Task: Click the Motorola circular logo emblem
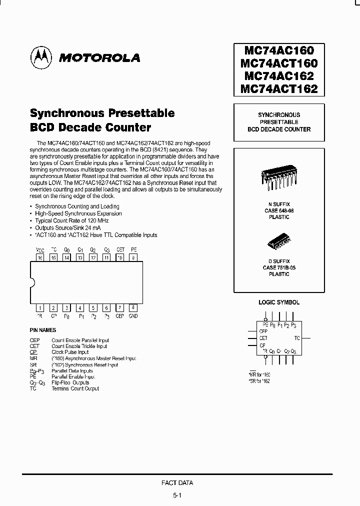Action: (42, 57)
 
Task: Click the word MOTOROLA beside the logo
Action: (99, 58)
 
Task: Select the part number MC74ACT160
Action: (279, 63)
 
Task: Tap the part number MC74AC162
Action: (279, 76)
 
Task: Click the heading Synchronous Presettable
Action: (102, 113)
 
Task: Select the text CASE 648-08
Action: (279, 211)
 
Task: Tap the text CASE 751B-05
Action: (279, 267)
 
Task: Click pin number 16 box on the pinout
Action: (40, 257)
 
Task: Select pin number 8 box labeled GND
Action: (133, 308)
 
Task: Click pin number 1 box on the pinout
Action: (40, 308)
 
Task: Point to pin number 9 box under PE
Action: (133, 257)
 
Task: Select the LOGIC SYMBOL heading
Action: (279, 302)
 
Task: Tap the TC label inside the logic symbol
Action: (297, 338)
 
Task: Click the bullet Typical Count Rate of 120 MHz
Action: (71, 220)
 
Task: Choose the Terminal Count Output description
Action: (75, 388)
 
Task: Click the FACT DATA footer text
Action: (177, 483)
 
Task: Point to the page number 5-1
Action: (177, 495)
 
